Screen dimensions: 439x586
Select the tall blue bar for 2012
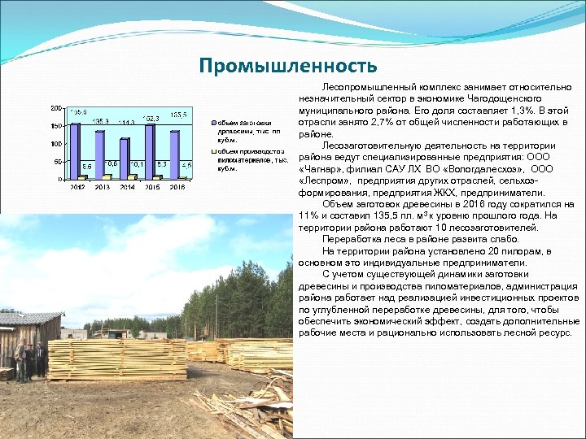[75, 150]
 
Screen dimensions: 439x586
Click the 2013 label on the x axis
[103, 187]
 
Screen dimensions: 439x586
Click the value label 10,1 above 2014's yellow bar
[137, 163]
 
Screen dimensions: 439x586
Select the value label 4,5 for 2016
[187, 165]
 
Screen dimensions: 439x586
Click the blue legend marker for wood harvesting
[214, 124]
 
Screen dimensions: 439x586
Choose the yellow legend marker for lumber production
[214, 150]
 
